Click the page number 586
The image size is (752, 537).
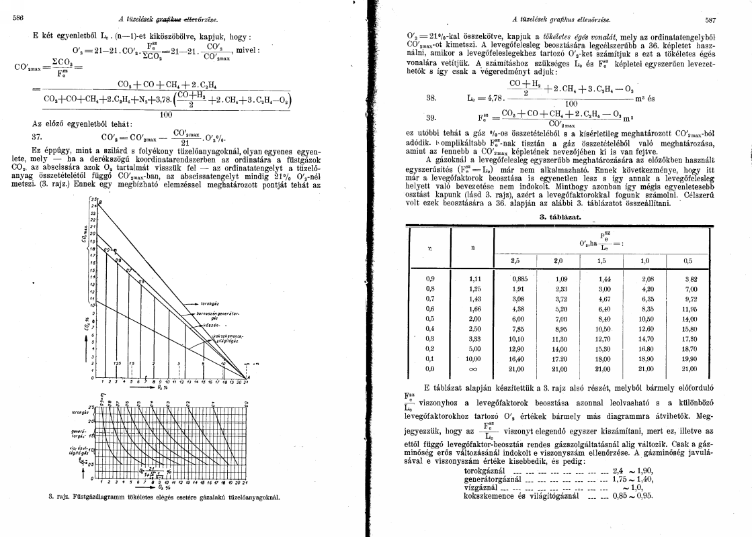[17, 17]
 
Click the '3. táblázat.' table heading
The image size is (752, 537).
[560, 217]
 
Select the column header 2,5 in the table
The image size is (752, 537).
[516, 259]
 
